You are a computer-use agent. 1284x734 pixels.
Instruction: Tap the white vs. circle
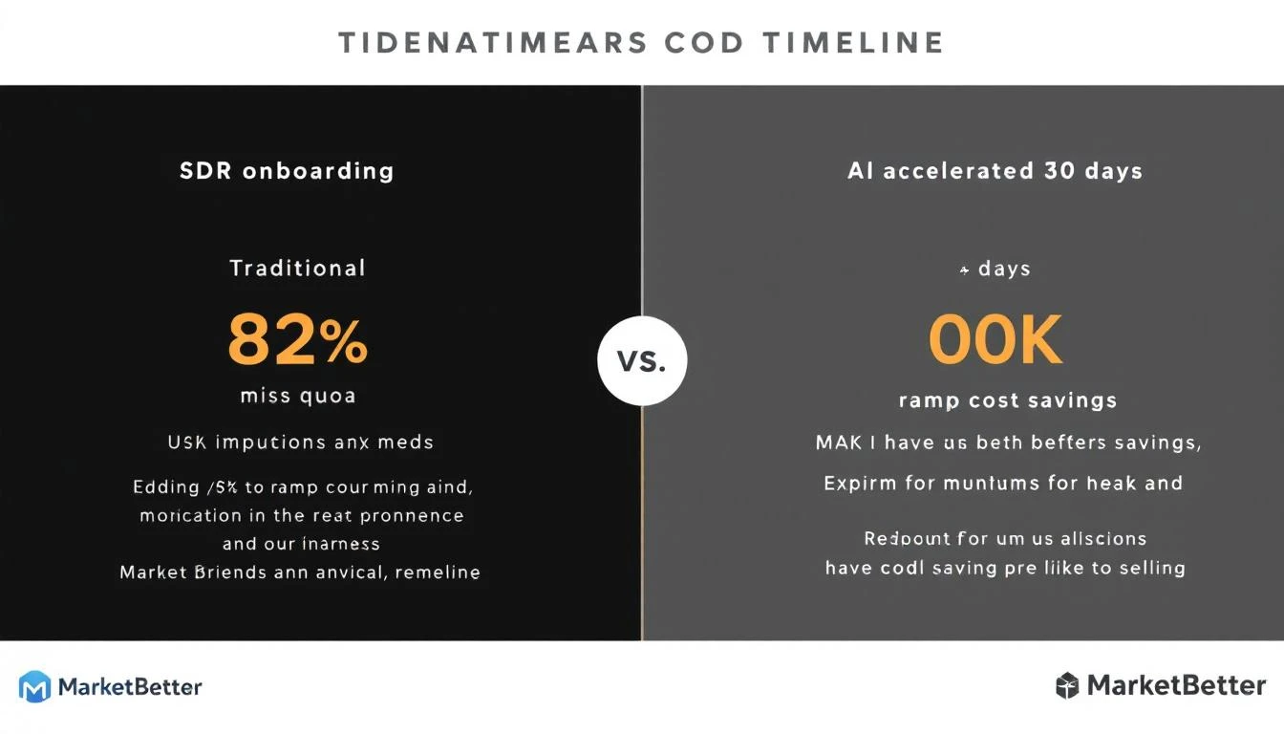click(642, 361)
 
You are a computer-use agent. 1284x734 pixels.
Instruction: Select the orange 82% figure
click(297, 341)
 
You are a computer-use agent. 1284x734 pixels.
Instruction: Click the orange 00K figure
click(995, 341)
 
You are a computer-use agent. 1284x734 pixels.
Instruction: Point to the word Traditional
click(297, 268)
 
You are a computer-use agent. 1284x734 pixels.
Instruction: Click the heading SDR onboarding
click(287, 171)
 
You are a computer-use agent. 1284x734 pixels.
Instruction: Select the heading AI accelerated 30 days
click(995, 171)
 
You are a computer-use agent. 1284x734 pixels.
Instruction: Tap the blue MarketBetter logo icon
click(34, 686)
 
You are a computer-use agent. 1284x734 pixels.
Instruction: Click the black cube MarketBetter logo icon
click(1067, 685)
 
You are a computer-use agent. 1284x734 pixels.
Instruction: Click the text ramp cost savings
click(1008, 400)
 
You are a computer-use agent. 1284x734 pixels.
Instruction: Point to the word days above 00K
click(1004, 269)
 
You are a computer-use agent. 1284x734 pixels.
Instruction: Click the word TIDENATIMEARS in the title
click(487, 43)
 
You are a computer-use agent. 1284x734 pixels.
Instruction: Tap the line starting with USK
click(300, 443)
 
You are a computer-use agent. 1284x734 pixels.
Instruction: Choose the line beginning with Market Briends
click(300, 572)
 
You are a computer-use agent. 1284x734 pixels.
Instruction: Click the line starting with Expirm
click(1003, 483)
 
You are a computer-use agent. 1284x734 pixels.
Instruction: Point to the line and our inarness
click(301, 544)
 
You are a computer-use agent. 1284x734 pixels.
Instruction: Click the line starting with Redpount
click(1005, 538)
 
